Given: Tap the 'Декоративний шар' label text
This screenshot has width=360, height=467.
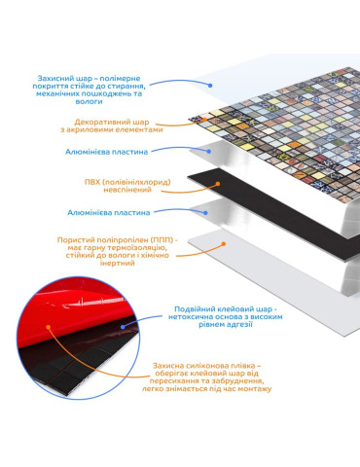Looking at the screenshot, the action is [x=112, y=126].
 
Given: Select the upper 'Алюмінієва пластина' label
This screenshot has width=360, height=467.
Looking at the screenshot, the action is [x=106, y=152].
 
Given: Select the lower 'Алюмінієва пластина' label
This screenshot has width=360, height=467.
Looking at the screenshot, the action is [x=109, y=213].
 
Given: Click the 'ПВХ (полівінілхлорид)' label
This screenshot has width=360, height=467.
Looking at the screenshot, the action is [x=127, y=186].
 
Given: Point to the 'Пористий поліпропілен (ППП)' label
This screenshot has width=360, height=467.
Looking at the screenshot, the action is [x=118, y=251].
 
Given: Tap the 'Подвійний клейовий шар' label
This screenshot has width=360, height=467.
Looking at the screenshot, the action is [x=226, y=316].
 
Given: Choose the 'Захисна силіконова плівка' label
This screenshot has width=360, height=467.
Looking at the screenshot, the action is [x=206, y=377].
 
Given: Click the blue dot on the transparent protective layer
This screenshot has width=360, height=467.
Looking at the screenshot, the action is [x=210, y=86].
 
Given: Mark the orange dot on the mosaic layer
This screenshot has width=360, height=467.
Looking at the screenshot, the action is [x=204, y=120].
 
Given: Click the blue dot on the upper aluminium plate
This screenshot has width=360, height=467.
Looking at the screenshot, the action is [x=209, y=151].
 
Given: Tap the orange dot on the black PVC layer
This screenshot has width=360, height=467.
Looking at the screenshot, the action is [x=218, y=184].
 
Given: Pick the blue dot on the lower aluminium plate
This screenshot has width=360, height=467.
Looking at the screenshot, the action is [x=205, y=213].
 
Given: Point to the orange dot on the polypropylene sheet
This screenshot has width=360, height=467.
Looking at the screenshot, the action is [x=223, y=243].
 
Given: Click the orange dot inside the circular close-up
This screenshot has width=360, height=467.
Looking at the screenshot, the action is [x=49, y=327].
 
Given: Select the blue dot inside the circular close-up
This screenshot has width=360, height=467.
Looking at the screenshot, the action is [x=123, y=327].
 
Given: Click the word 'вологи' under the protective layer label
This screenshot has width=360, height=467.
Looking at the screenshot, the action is [x=89, y=101].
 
